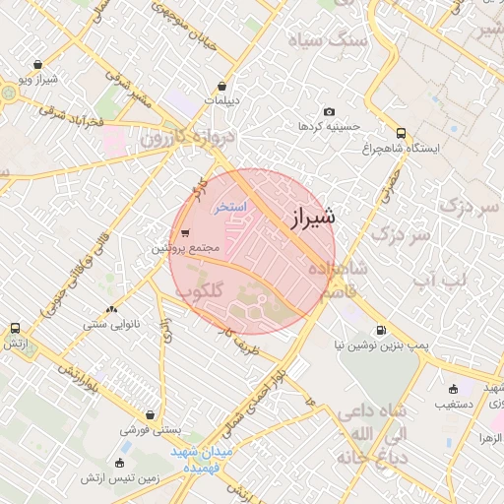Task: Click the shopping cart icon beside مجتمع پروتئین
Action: [x=185, y=233]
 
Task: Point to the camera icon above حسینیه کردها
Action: [x=329, y=112]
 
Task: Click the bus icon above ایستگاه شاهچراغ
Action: [x=401, y=133]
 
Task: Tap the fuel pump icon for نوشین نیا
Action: [x=380, y=331]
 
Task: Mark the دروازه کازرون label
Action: [x=180, y=138]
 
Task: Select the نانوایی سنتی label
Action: [x=110, y=322]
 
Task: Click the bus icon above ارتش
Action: [x=15, y=328]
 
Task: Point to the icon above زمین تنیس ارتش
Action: [x=120, y=463]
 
